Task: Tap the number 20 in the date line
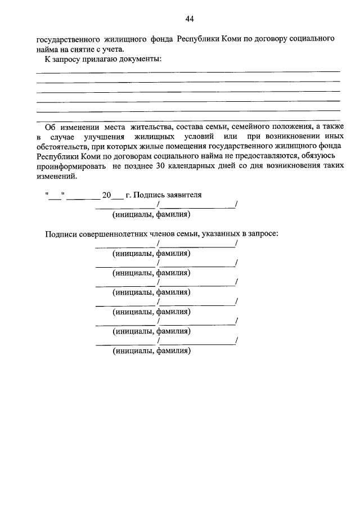coord(106,196)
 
